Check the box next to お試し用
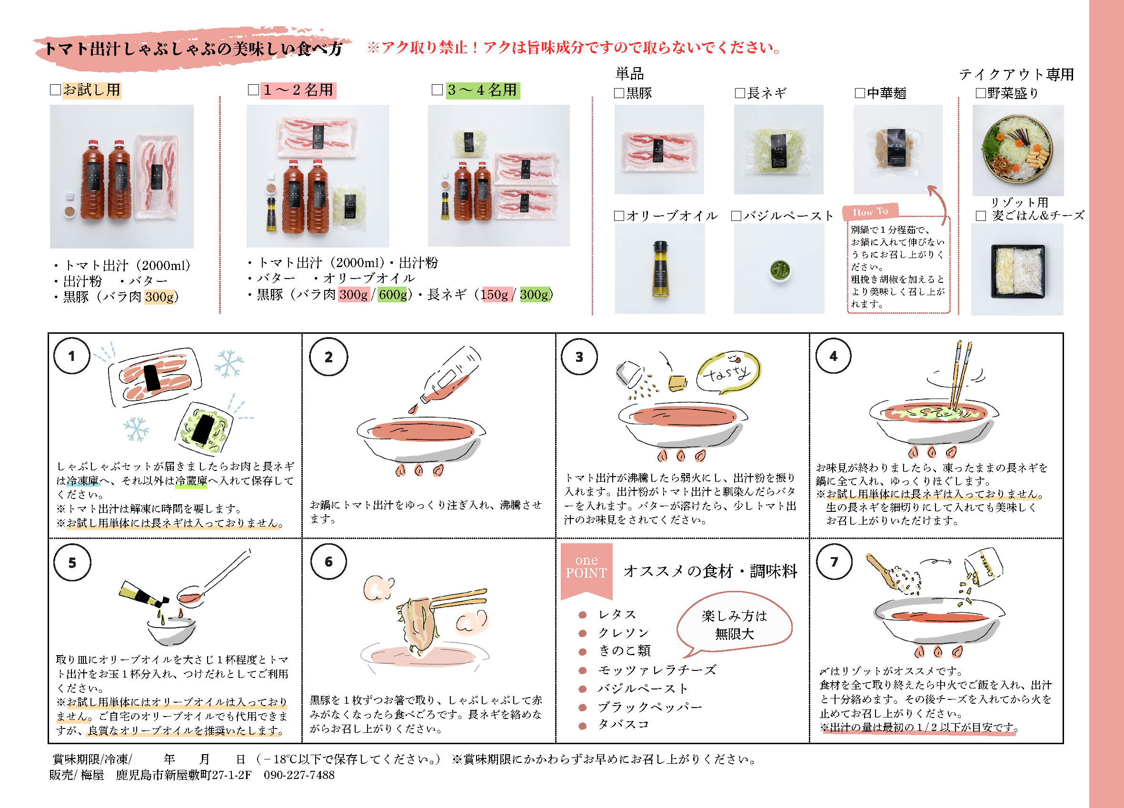(55, 90)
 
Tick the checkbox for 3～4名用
(437, 90)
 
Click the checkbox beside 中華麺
(860, 93)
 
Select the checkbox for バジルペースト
(736, 216)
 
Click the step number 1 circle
(72, 355)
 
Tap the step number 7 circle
(834, 562)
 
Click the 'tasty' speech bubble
(728, 373)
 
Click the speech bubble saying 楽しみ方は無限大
(734, 624)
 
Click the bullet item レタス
(617, 615)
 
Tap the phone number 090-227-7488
(299, 775)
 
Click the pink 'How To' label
(870, 212)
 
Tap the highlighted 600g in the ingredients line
(392, 295)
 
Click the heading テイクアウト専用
(1016, 74)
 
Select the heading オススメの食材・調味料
(710, 571)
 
